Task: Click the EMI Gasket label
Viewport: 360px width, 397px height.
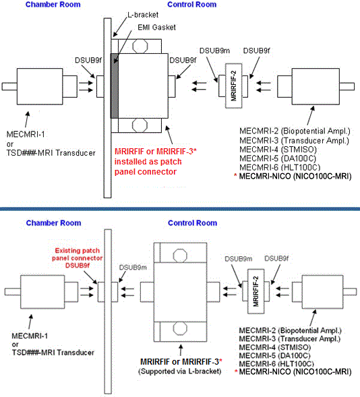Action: click(x=156, y=28)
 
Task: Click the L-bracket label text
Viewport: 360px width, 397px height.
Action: click(x=143, y=15)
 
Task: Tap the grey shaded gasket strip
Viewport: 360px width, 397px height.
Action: click(x=115, y=86)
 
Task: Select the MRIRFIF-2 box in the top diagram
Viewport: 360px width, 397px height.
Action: click(x=234, y=86)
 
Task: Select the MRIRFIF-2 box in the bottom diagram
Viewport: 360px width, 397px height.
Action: click(x=256, y=291)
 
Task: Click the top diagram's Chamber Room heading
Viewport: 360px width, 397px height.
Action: click(x=53, y=5)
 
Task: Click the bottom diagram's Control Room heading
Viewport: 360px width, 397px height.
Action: click(x=192, y=223)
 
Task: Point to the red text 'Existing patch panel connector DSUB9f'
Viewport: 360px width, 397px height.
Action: click(x=78, y=258)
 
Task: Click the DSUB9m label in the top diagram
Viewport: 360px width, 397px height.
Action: click(x=214, y=51)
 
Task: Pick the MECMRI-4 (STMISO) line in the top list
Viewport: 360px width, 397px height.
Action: click(x=278, y=150)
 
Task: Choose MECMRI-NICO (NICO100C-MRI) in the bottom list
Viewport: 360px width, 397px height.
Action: click(x=295, y=371)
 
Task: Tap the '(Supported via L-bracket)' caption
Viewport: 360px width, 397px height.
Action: click(x=180, y=371)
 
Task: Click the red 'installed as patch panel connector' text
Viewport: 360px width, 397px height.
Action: click(x=148, y=166)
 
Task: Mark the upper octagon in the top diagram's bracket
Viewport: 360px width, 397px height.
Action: click(x=140, y=47)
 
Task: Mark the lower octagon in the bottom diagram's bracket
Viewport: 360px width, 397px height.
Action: click(x=180, y=328)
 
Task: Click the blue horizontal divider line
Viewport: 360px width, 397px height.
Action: click(x=180, y=209)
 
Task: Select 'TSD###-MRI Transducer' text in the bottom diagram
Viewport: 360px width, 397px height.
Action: click(x=53, y=353)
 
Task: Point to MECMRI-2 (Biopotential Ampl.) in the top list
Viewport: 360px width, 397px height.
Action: click(x=295, y=131)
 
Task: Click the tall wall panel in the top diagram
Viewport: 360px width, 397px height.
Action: click(x=107, y=108)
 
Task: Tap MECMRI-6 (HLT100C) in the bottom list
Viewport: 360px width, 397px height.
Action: click(x=276, y=364)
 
